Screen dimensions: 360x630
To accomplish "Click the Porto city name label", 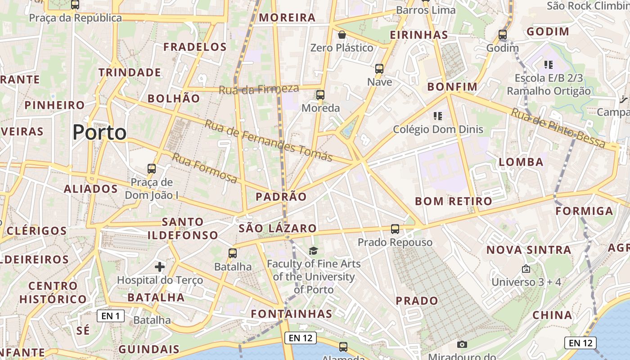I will tap(99, 132).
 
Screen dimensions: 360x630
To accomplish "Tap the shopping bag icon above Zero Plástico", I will tap(342, 34).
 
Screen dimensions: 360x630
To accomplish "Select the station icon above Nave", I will tap(379, 69).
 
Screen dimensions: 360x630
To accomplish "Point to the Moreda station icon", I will tap(320, 95).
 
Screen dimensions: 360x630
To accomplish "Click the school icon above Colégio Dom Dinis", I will tap(438, 116).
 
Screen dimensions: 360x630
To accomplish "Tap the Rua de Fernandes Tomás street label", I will tap(269, 140).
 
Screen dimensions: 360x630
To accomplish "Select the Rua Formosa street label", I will tap(205, 168).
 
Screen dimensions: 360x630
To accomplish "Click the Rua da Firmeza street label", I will tap(259, 89).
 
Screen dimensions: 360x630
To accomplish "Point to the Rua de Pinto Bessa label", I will tap(558, 128).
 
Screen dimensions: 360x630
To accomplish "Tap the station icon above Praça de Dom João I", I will tap(152, 169).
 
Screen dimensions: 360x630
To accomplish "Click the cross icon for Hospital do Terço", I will tap(160, 267).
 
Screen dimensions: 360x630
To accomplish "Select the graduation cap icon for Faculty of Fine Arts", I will tap(313, 251).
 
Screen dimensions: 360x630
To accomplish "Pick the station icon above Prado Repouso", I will tap(395, 229).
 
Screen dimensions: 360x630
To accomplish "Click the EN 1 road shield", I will tap(111, 316).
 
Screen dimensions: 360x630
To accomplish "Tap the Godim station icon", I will tap(503, 35).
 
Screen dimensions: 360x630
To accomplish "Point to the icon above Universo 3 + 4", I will tap(526, 269).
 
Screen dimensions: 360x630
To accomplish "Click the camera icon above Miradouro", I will tap(462, 344).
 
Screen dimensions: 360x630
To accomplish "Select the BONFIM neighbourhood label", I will tap(452, 86).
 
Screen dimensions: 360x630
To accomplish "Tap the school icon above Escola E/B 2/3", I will tap(548, 65).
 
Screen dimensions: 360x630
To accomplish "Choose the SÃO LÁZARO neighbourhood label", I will tap(278, 228).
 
